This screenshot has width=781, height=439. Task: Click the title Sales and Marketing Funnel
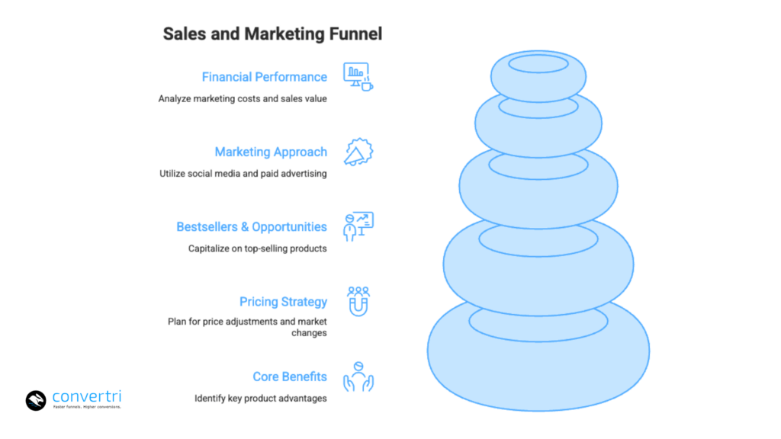[272, 34]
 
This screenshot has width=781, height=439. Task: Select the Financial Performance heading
[264, 77]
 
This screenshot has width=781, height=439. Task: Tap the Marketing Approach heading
[271, 152]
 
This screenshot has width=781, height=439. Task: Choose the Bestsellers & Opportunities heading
[252, 226]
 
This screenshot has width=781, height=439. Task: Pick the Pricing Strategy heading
[283, 302]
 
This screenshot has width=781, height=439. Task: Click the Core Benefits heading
[290, 377]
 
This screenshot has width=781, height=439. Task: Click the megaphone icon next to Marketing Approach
[358, 152]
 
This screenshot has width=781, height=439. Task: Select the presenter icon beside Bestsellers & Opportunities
[358, 227]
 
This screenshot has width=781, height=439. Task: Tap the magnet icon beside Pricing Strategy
[358, 302]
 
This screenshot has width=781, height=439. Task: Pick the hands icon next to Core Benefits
[358, 377]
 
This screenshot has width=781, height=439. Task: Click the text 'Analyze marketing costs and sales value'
[243, 98]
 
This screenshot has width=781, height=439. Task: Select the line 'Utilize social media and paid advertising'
[243, 173]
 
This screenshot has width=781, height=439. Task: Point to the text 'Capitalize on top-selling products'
[258, 248]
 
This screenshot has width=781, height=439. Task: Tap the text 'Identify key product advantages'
[261, 398]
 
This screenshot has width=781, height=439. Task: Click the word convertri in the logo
[87, 396]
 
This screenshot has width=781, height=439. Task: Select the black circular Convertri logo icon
[37, 400]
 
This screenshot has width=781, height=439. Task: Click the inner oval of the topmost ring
[538, 64]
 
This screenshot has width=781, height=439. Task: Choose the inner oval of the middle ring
[538, 165]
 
